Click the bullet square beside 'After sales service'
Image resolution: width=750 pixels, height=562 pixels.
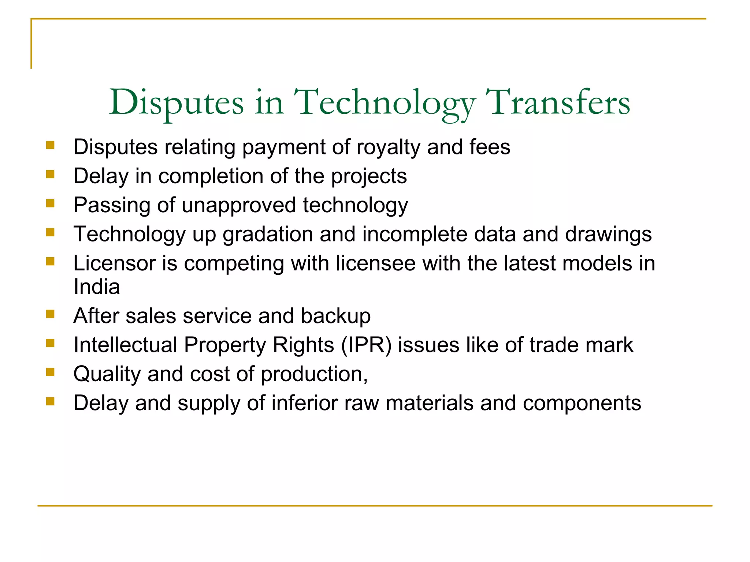pyautogui.click(x=51, y=314)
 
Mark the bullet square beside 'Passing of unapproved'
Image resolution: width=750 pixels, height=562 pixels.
pyautogui.click(x=51, y=203)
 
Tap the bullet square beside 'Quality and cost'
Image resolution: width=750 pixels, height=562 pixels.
pyautogui.click(x=51, y=372)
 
